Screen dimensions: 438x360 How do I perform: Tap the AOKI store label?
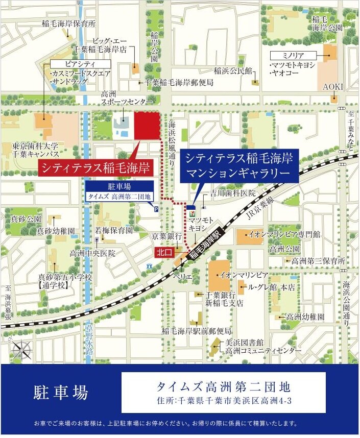(333, 87)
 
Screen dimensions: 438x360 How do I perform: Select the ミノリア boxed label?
(295, 55)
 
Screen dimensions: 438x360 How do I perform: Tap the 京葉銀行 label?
(166, 237)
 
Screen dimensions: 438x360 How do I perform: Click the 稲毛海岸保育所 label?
(75, 23)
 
